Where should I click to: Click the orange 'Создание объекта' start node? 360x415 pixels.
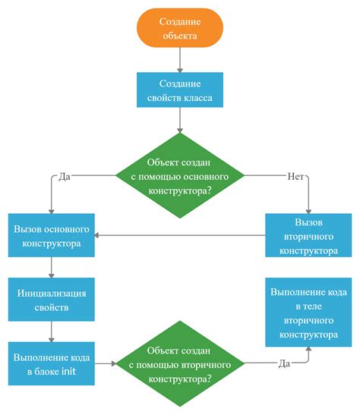[180, 28]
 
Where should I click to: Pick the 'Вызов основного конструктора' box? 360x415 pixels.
[51, 236]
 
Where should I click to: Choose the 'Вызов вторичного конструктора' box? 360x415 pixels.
[309, 236]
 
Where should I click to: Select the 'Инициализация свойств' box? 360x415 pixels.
[51, 300]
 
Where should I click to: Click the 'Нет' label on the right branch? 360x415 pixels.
[295, 176]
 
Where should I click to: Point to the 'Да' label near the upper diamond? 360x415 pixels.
[64, 176]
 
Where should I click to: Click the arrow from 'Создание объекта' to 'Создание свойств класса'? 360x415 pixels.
[180, 59]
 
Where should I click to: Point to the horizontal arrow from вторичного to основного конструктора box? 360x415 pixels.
[182, 236]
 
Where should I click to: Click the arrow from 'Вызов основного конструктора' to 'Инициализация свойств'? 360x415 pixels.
[51, 266]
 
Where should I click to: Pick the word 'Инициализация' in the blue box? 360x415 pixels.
[51, 292]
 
